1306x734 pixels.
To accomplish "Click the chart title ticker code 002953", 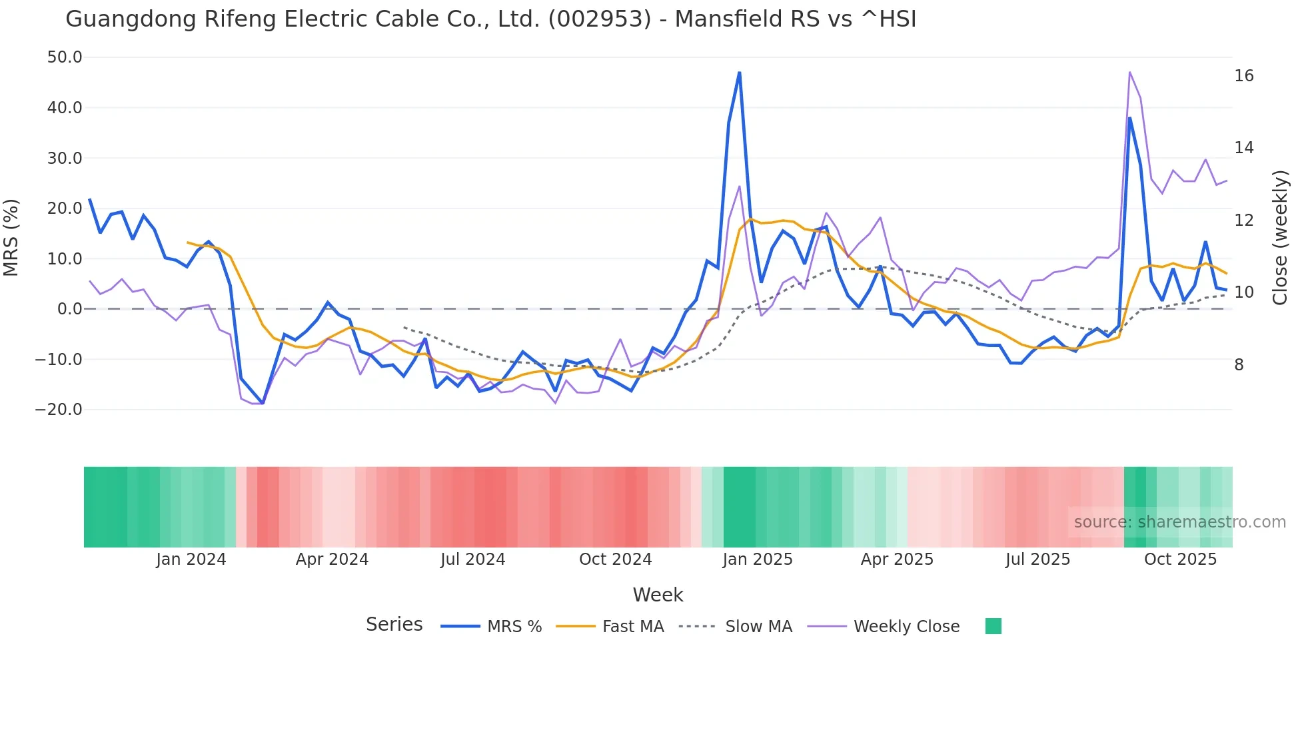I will (x=599, y=19).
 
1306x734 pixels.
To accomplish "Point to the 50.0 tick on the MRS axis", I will (x=65, y=57).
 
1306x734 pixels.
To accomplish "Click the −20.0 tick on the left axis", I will (x=59, y=410).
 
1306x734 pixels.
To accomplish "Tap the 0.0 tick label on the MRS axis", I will (x=69, y=309).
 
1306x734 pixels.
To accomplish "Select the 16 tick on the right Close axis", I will (x=1243, y=76).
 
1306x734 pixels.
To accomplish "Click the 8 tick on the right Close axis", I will (x=1239, y=365).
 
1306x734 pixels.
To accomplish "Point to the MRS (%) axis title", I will (x=11, y=238).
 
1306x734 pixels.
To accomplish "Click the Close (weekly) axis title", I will (x=1279, y=238).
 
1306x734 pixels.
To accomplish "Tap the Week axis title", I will (x=658, y=595).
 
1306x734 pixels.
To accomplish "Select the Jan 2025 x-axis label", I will (x=757, y=559).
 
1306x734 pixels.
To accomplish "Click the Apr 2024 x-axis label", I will (x=332, y=559).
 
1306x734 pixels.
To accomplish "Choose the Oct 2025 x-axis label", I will (x=1180, y=559).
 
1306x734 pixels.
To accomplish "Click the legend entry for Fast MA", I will (x=632, y=627).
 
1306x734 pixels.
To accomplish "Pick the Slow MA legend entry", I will (x=758, y=627).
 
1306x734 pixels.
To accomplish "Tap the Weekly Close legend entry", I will (x=906, y=627).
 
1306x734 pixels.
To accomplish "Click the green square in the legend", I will (x=993, y=626).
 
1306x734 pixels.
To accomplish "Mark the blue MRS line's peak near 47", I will (x=739, y=73).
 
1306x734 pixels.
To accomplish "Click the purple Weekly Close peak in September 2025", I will (x=1129, y=73).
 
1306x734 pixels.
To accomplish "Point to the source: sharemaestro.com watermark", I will (x=1179, y=522).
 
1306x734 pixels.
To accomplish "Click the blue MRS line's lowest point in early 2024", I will (x=263, y=403).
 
